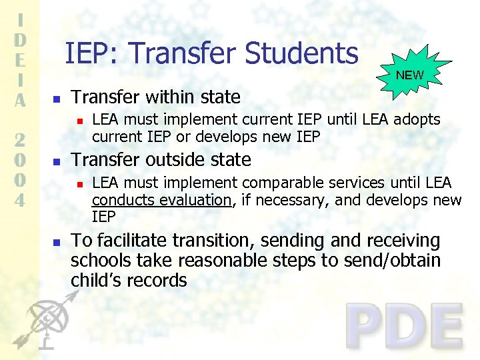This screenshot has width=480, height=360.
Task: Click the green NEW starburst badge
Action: click(409, 75)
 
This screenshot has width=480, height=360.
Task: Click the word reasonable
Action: click(223, 261)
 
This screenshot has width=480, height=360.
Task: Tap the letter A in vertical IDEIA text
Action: click(21, 100)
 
